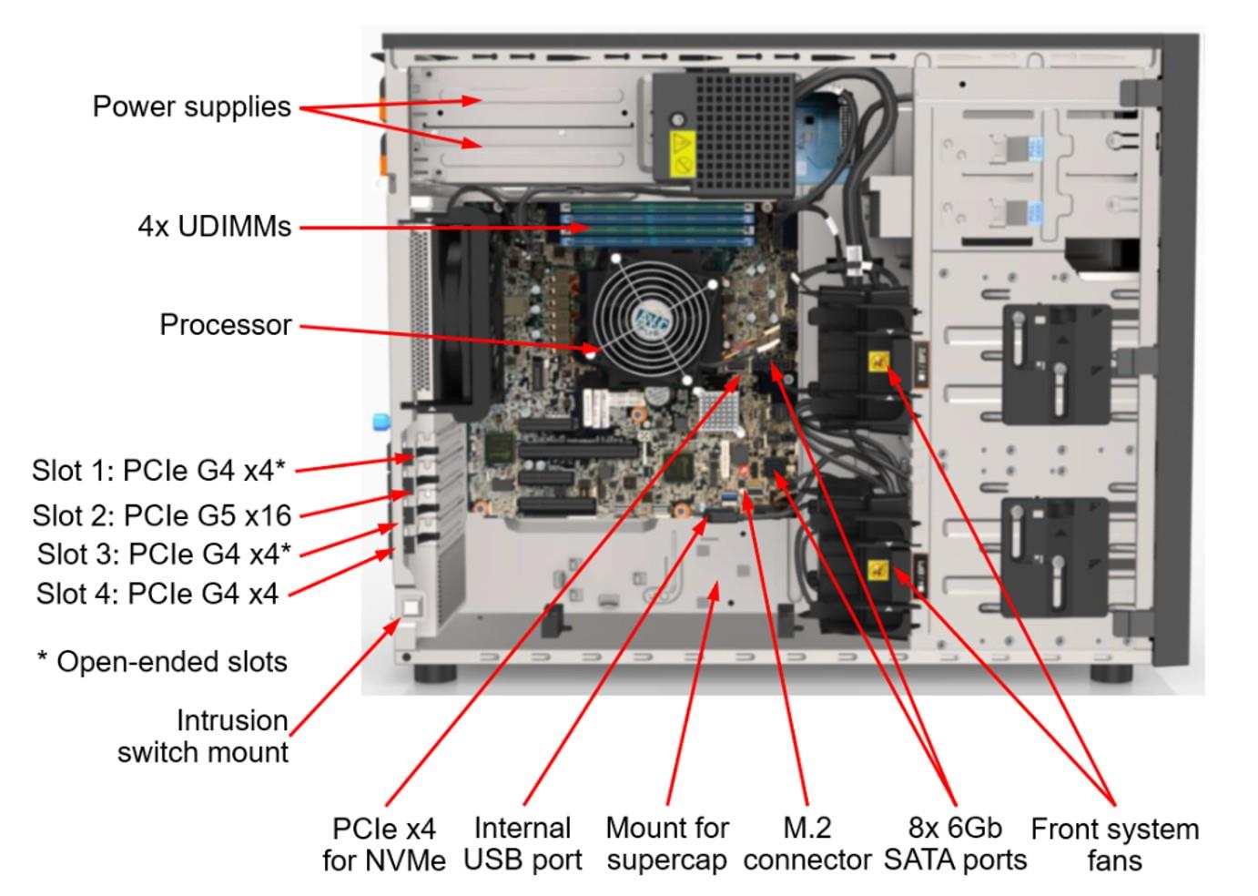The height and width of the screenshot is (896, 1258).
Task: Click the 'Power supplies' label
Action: coord(191,107)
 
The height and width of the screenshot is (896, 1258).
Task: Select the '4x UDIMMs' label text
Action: coord(215,226)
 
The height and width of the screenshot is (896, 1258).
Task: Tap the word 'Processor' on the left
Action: coord(226,325)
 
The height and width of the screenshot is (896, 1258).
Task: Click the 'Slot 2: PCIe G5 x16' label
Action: coord(162,515)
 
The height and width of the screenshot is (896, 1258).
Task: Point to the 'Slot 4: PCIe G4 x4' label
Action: coord(157,594)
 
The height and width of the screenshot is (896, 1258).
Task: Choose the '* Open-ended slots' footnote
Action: coord(162,662)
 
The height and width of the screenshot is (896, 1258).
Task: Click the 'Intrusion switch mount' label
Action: coord(203,737)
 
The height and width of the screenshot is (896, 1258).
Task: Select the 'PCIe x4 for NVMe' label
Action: coord(383,844)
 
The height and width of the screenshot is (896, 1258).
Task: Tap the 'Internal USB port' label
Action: coord(522,844)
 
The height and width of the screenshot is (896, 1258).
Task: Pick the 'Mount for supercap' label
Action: coord(666,844)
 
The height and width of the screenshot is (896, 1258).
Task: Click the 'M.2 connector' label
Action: coord(807,844)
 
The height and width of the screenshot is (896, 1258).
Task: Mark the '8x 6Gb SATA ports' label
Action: coord(955,844)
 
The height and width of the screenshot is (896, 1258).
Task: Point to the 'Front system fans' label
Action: coord(1114,844)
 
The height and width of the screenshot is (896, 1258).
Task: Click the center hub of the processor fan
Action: coord(651,320)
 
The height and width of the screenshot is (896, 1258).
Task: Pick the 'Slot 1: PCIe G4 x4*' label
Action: coord(158,470)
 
